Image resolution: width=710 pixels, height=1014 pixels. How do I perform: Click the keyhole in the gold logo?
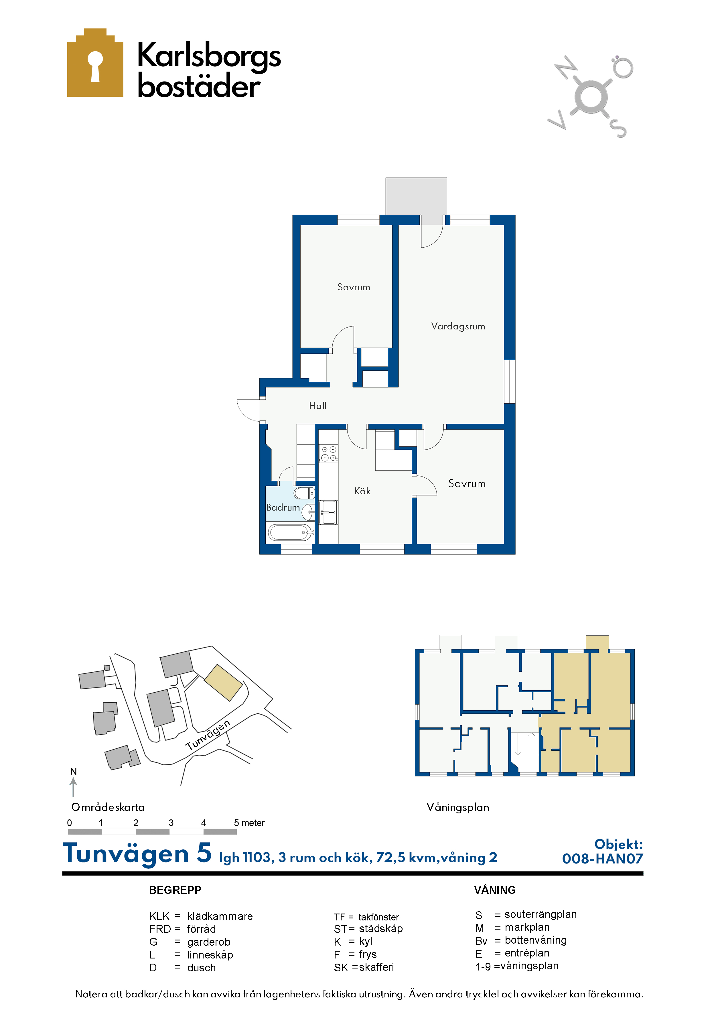tap(95, 66)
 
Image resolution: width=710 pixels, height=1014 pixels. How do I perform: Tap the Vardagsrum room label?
tap(458, 326)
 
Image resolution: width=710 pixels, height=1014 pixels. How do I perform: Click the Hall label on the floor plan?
tap(318, 406)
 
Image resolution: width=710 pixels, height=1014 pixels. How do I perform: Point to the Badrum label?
tap(283, 507)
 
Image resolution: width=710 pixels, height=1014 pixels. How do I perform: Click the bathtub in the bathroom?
tap(290, 532)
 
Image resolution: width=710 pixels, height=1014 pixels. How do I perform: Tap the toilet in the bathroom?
tap(304, 493)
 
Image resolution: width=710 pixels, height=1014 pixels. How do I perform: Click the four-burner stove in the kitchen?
tap(329, 454)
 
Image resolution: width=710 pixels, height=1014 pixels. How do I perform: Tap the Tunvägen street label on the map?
tap(208, 735)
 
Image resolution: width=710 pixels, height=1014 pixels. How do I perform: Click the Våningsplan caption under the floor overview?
tap(458, 807)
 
